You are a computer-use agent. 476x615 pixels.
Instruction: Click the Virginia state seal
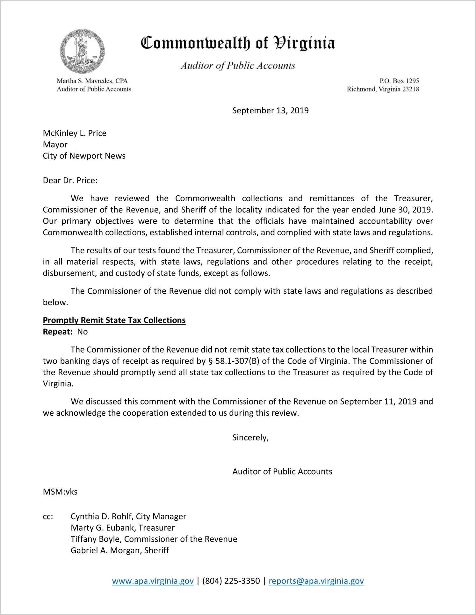pos(82,51)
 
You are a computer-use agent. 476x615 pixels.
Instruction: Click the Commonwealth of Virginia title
pos(238,43)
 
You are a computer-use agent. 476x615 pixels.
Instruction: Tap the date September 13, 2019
pos(270,111)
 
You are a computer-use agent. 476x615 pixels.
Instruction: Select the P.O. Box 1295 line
pos(399,81)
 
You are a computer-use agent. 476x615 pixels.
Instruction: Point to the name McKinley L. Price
pos(75,133)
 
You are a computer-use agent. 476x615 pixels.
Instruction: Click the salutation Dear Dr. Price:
pos(70,181)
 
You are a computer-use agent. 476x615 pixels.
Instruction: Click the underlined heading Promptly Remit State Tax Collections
pos(114,320)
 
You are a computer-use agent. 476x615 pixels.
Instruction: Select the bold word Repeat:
pos(58,332)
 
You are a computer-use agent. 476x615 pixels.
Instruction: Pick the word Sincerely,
pos(250,438)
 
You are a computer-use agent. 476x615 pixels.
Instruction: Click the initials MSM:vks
pos(60,492)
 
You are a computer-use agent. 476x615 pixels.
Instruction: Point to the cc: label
pos(48,517)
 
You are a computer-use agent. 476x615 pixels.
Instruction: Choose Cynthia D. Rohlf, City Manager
pos(128,517)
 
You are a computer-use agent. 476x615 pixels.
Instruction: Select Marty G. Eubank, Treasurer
pos(123,528)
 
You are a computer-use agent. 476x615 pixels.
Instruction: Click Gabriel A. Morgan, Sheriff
pos(120,550)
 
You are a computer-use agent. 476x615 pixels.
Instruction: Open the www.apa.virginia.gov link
pos(153,581)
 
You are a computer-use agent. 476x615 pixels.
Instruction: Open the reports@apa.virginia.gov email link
pos(316,581)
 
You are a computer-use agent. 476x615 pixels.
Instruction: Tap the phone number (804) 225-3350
pos(231,581)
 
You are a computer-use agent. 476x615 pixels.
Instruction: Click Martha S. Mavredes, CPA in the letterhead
pos(92,81)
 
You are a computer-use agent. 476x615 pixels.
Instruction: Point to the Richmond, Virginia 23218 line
pos(383,89)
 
